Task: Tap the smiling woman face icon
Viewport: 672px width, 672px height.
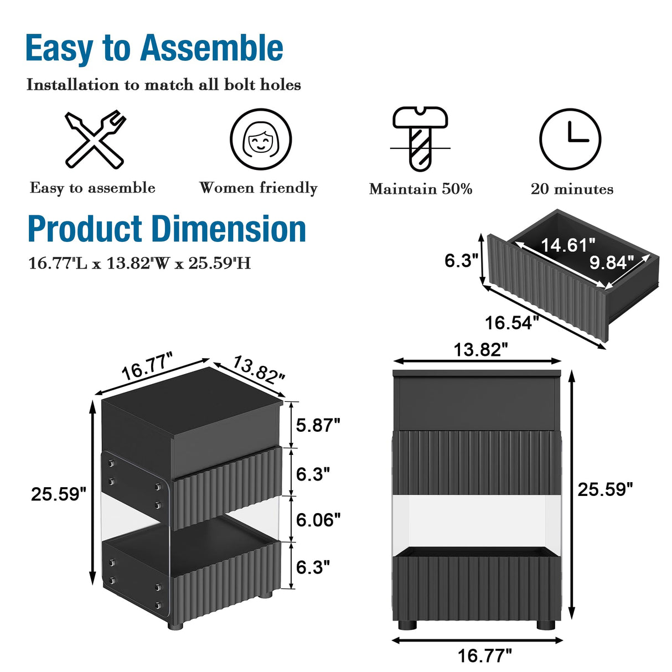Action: click(x=261, y=139)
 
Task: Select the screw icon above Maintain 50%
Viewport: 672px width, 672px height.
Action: click(x=420, y=139)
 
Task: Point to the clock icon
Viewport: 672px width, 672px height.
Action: click(x=570, y=139)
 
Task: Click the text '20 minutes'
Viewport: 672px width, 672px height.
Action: click(x=572, y=189)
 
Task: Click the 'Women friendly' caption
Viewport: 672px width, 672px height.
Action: click(x=259, y=188)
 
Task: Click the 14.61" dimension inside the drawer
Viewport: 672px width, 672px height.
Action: click(x=568, y=245)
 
